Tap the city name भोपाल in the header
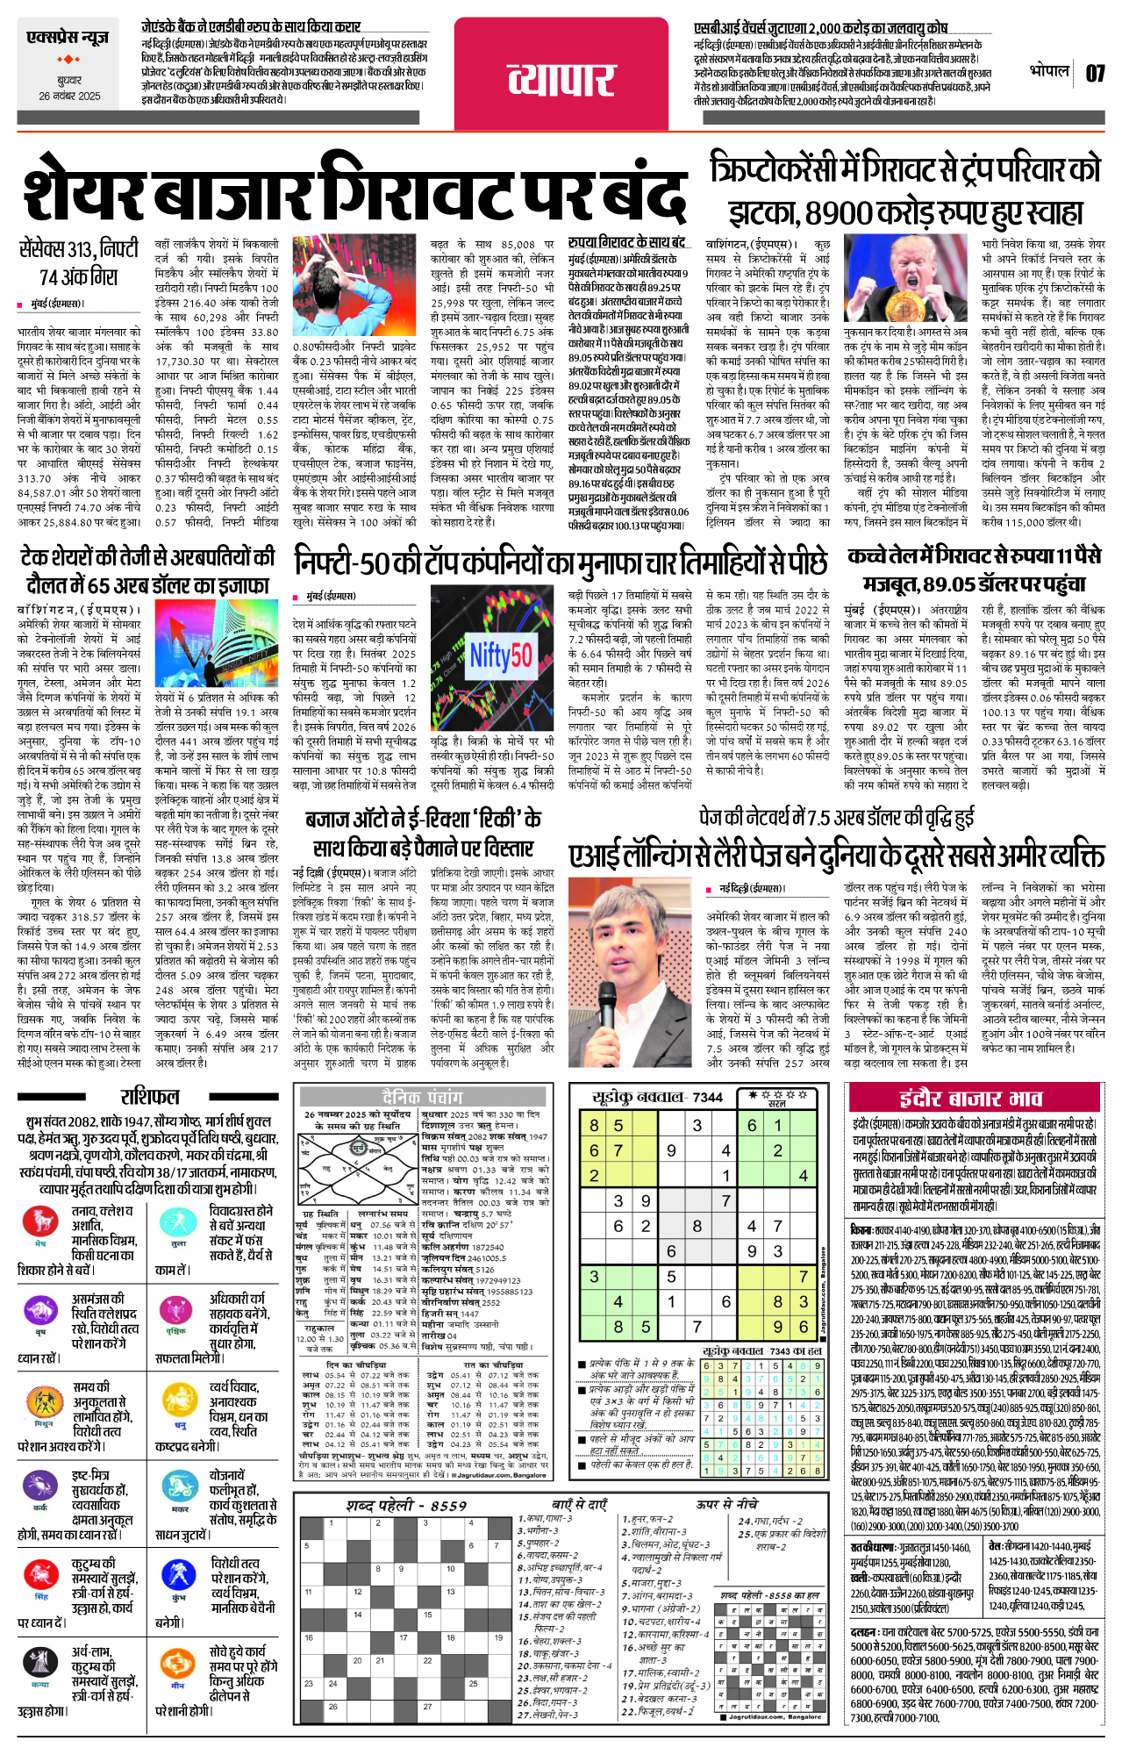tap(1049, 70)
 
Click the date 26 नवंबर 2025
tap(69, 97)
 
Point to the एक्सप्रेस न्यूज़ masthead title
tap(68, 39)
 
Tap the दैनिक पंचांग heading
tap(421, 1098)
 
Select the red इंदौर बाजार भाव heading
tap(970, 1099)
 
